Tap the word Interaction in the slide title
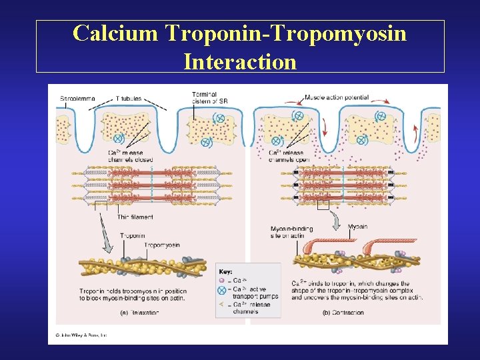[x=240, y=61]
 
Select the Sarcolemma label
[x=78, y=99]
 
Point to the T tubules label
[x=129, y=99]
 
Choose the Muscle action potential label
[x=336, y=98]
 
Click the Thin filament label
[x=135, y=217]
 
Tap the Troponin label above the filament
[x=133, y=235]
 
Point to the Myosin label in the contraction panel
[x=357, y=227]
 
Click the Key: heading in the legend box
[x=226, y=272]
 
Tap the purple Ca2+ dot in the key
[x=222, y=281]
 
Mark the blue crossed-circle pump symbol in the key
[x=222, y=290]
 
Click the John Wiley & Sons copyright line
[x=81, y=335]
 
